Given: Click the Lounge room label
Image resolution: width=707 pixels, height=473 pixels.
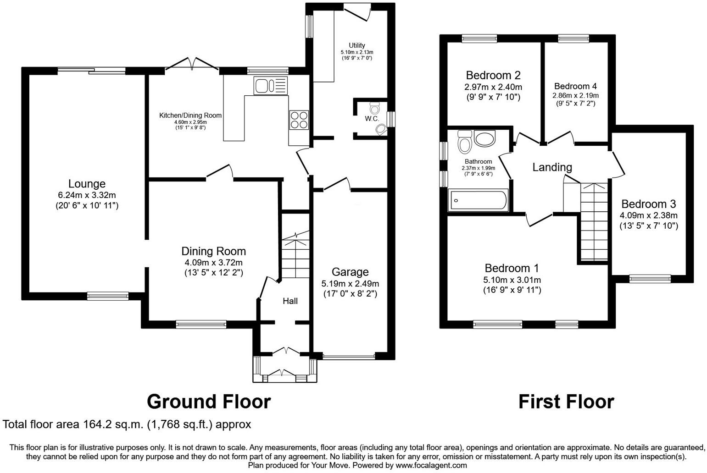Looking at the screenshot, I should [x=87, y=184].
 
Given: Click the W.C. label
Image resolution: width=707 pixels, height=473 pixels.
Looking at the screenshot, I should [x=372, y=119].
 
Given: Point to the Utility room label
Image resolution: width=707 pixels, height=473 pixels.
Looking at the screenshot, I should [x=356, y=45].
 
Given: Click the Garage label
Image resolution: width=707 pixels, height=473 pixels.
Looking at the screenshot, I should [x=350, y=272].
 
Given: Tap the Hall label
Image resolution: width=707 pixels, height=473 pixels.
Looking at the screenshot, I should [x=290, y=301].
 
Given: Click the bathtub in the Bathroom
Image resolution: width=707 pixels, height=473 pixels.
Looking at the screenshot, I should [x=479, y=201].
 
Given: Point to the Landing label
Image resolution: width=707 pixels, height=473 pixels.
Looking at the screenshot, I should [x=552, y=167].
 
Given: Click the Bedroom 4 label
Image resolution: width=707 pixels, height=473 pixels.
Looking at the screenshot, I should [x=575, y=86].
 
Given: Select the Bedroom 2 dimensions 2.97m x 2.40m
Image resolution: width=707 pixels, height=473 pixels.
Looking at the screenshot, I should [x=493, y=87].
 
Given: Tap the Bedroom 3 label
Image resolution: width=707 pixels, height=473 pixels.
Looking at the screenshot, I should [x=648, y=204].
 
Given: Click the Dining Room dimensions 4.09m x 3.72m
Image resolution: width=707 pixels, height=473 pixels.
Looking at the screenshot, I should [x=213, y=262].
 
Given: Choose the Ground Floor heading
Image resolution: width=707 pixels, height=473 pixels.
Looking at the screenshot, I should [x=209, y=401].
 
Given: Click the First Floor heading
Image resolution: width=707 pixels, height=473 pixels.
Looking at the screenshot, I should [x=566, y=401].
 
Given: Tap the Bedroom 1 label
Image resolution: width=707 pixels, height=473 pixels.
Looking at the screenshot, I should [x=512, y=268].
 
